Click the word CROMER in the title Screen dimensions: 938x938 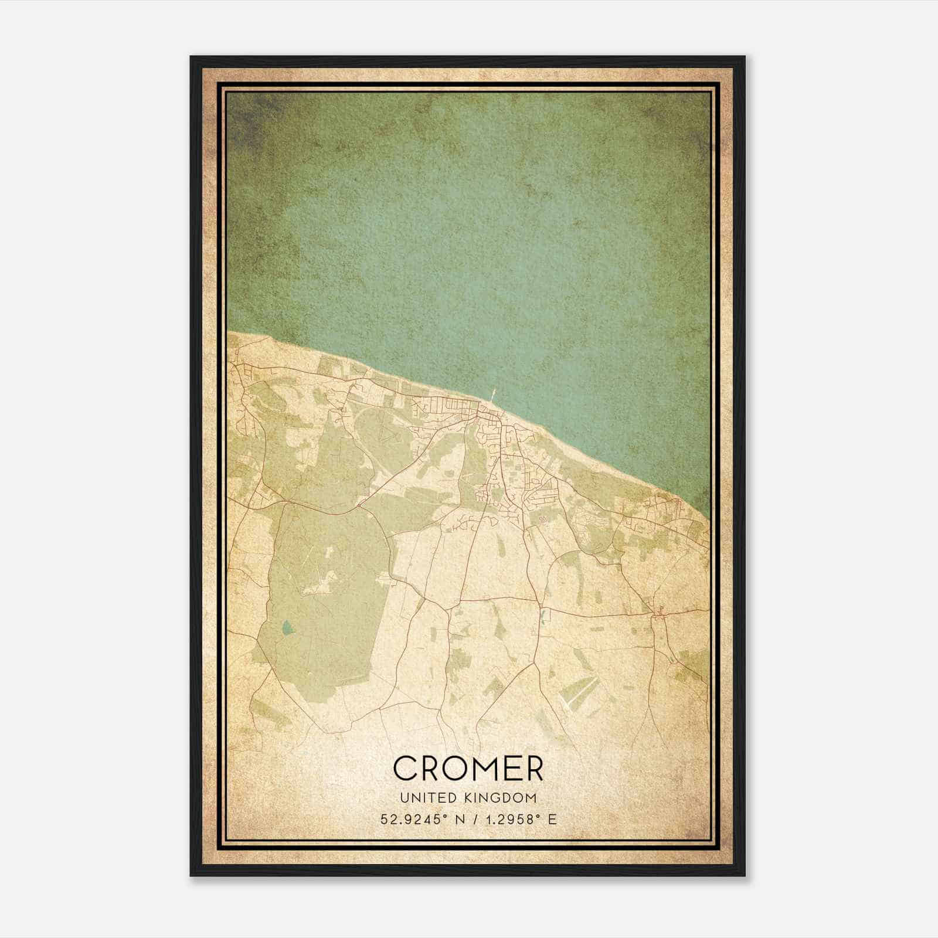[468, 768]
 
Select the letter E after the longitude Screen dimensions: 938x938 [552, 820]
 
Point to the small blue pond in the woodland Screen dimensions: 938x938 [286, 628]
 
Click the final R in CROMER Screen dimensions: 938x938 [532, 768]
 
